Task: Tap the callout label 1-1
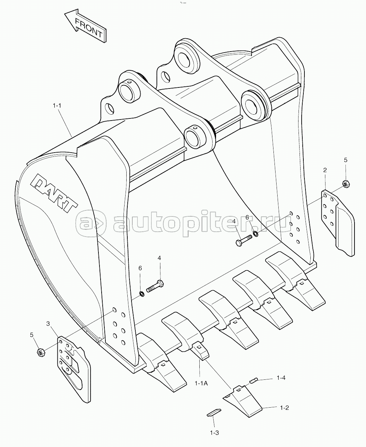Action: click(57, 105)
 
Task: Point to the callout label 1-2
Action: click(284, 408)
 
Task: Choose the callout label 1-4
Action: click(281, 377)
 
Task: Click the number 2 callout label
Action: click(325, 170)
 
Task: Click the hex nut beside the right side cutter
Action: click(346, 184)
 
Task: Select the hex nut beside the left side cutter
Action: click(41, 353)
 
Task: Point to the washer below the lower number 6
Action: click(142, 294)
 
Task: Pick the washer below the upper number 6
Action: click(255, 234)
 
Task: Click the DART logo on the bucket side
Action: click(54, 193)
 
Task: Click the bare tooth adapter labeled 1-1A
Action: click(200, 351)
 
